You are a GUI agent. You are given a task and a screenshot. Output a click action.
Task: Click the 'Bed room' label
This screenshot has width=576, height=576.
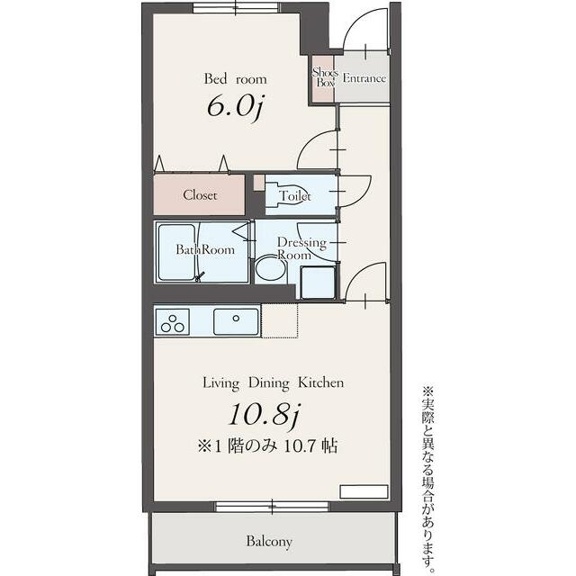tap(235, 79)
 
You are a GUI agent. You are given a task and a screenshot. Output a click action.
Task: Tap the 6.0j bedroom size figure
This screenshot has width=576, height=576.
tap(235, 107)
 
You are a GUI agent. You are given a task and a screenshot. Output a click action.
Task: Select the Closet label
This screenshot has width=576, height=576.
tap(200, 194)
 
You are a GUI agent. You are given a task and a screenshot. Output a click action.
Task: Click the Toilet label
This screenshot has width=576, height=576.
tap(294, 196)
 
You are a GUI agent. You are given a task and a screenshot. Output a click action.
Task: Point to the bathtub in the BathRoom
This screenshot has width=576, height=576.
tap(176, 252)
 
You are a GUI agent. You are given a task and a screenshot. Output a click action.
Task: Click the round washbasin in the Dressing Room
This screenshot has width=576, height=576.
tap(270, 270)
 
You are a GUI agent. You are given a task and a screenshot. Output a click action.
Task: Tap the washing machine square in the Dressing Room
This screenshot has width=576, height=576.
tap(318, 282)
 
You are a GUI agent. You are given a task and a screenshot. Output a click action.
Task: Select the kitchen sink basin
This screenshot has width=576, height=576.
tap(236, 321)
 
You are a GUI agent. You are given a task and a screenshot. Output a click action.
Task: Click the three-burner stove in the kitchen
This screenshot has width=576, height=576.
tap(172, 322)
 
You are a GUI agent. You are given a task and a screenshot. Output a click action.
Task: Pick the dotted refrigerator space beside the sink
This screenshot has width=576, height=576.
tap(279, 320)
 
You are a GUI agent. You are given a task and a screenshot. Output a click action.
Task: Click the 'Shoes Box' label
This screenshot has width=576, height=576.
tap(325, 77)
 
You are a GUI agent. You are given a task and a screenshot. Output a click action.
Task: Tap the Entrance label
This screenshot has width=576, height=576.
tap(364, 78)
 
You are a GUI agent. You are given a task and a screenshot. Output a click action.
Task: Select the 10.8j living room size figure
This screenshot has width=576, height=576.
tap(265, 415)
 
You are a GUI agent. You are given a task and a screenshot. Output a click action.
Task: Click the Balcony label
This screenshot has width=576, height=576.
tap(269, 542)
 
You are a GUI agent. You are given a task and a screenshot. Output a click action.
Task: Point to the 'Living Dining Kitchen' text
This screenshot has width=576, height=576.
tap(274, 382)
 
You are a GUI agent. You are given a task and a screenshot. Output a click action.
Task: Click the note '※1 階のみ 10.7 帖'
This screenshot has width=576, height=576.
tap(267, 446)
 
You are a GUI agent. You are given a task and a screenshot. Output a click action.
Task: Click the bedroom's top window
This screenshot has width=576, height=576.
tap(236, 7)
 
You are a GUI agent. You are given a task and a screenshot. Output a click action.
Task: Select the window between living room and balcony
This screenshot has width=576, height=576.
tap(272, 507)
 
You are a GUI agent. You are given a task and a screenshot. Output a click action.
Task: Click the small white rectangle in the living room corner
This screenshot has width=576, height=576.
tap(364, 491)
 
